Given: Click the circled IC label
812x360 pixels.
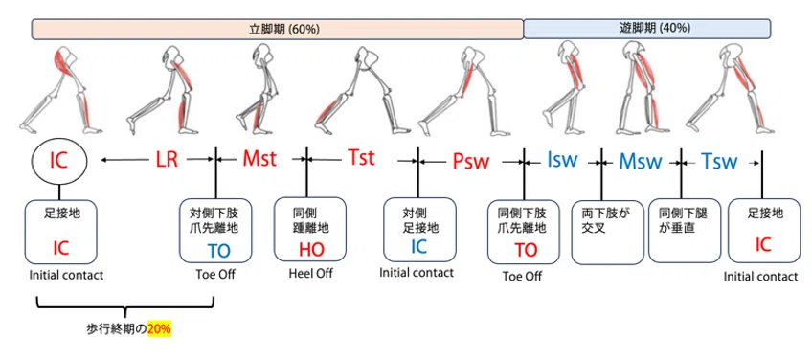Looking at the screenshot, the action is click(59, 161).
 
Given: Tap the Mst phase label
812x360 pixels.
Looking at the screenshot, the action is click(260, 159).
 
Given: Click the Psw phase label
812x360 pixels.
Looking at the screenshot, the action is click(470, 160).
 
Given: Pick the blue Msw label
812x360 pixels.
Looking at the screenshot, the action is click(640, 161).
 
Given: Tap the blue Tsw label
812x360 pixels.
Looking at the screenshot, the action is click(718, 161).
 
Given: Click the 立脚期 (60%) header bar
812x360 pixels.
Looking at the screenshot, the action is click(277, 29).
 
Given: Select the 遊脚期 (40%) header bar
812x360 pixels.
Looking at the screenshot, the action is click(647, 29).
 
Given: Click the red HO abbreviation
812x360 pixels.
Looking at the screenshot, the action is click(311, 249).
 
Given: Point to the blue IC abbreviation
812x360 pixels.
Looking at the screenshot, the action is click(418, 247).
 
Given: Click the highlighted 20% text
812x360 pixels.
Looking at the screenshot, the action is click(159, 329).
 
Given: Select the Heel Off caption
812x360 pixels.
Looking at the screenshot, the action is click(310, 273).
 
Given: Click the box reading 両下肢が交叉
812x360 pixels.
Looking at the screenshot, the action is click(604, 233).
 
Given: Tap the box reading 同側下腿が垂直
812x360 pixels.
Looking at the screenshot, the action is click(682, 232).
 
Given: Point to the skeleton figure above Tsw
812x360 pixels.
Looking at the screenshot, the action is click(731, 89).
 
